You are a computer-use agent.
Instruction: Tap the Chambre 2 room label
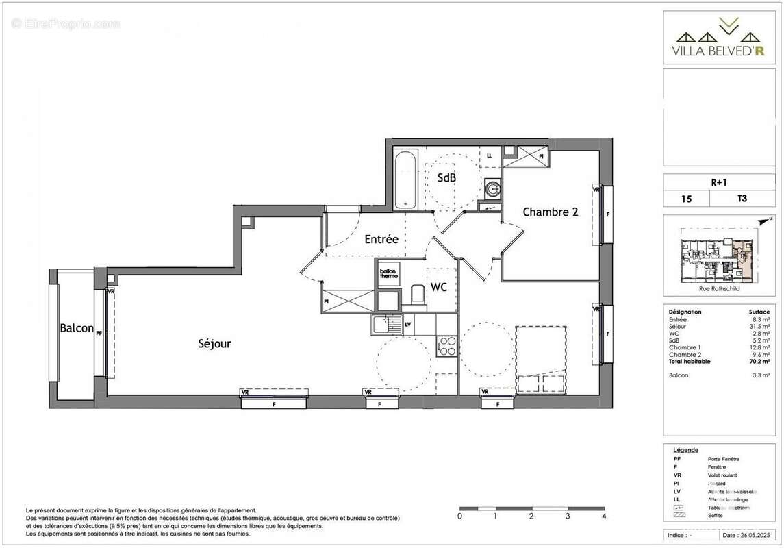[551, 212]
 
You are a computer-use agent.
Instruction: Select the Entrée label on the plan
[381, 239]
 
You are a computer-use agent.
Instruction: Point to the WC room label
[438, 288]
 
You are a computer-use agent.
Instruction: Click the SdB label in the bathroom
[447, 177]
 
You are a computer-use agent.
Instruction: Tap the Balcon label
[76, 328]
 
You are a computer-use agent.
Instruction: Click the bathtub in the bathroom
[404, 179]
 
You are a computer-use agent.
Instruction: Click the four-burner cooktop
[446, 346]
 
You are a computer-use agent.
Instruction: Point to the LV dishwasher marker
[408, 325]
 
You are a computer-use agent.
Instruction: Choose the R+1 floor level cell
[718, 182]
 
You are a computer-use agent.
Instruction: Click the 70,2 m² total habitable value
[760, 361]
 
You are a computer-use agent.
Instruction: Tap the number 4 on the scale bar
[603, 516]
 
